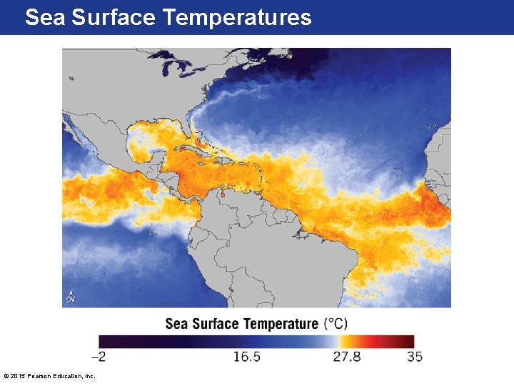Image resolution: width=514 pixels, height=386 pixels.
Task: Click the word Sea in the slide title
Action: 44,17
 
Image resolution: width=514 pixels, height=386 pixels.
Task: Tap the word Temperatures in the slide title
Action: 236,17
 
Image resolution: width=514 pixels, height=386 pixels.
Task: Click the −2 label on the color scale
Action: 101,357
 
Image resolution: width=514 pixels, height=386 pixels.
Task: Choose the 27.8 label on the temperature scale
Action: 346,357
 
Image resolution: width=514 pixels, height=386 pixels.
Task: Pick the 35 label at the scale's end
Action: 414,357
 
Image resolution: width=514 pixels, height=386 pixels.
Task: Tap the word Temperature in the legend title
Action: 281,324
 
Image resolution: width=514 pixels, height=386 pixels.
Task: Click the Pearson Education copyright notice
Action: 49,376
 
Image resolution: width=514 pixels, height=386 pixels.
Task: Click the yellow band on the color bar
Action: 345,341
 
